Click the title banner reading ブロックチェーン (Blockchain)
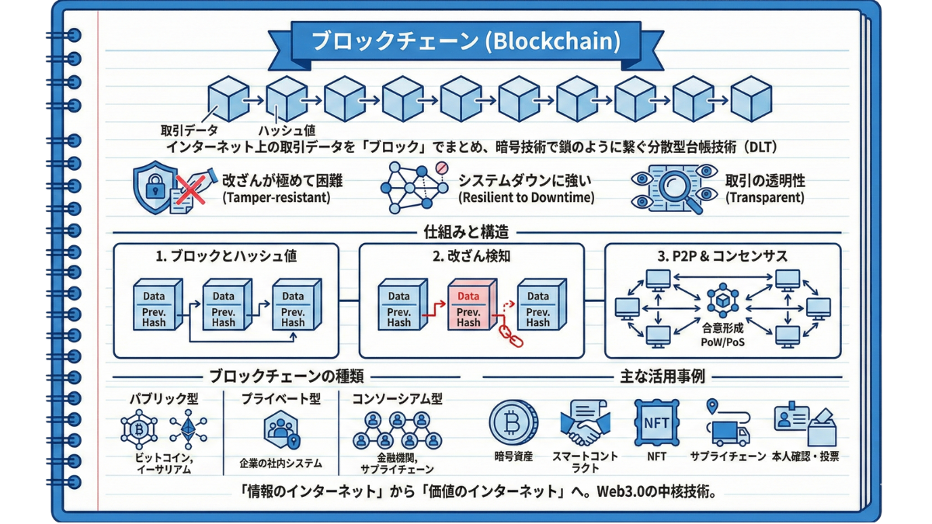466,41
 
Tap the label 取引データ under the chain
190,130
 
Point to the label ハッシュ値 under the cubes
287,131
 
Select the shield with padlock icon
153,186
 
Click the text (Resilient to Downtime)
526,198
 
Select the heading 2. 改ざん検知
471,256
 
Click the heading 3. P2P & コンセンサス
722,256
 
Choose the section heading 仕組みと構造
466,231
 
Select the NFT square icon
656,422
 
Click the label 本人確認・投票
805,457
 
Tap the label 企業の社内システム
280,464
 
